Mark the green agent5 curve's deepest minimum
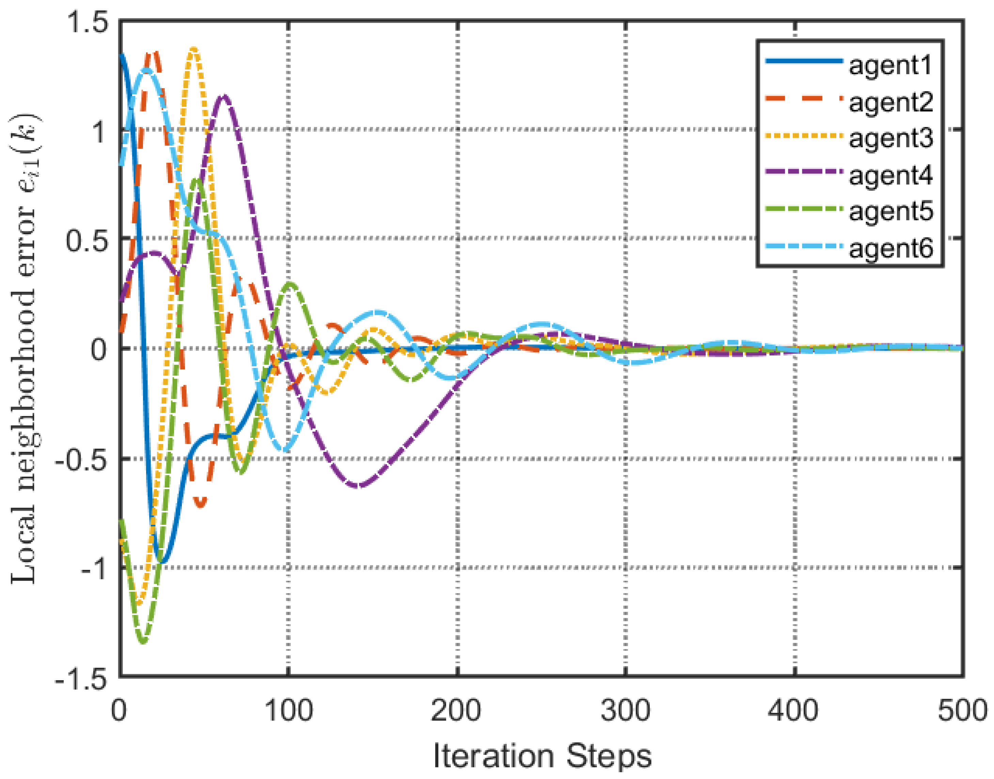pos(143,641)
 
